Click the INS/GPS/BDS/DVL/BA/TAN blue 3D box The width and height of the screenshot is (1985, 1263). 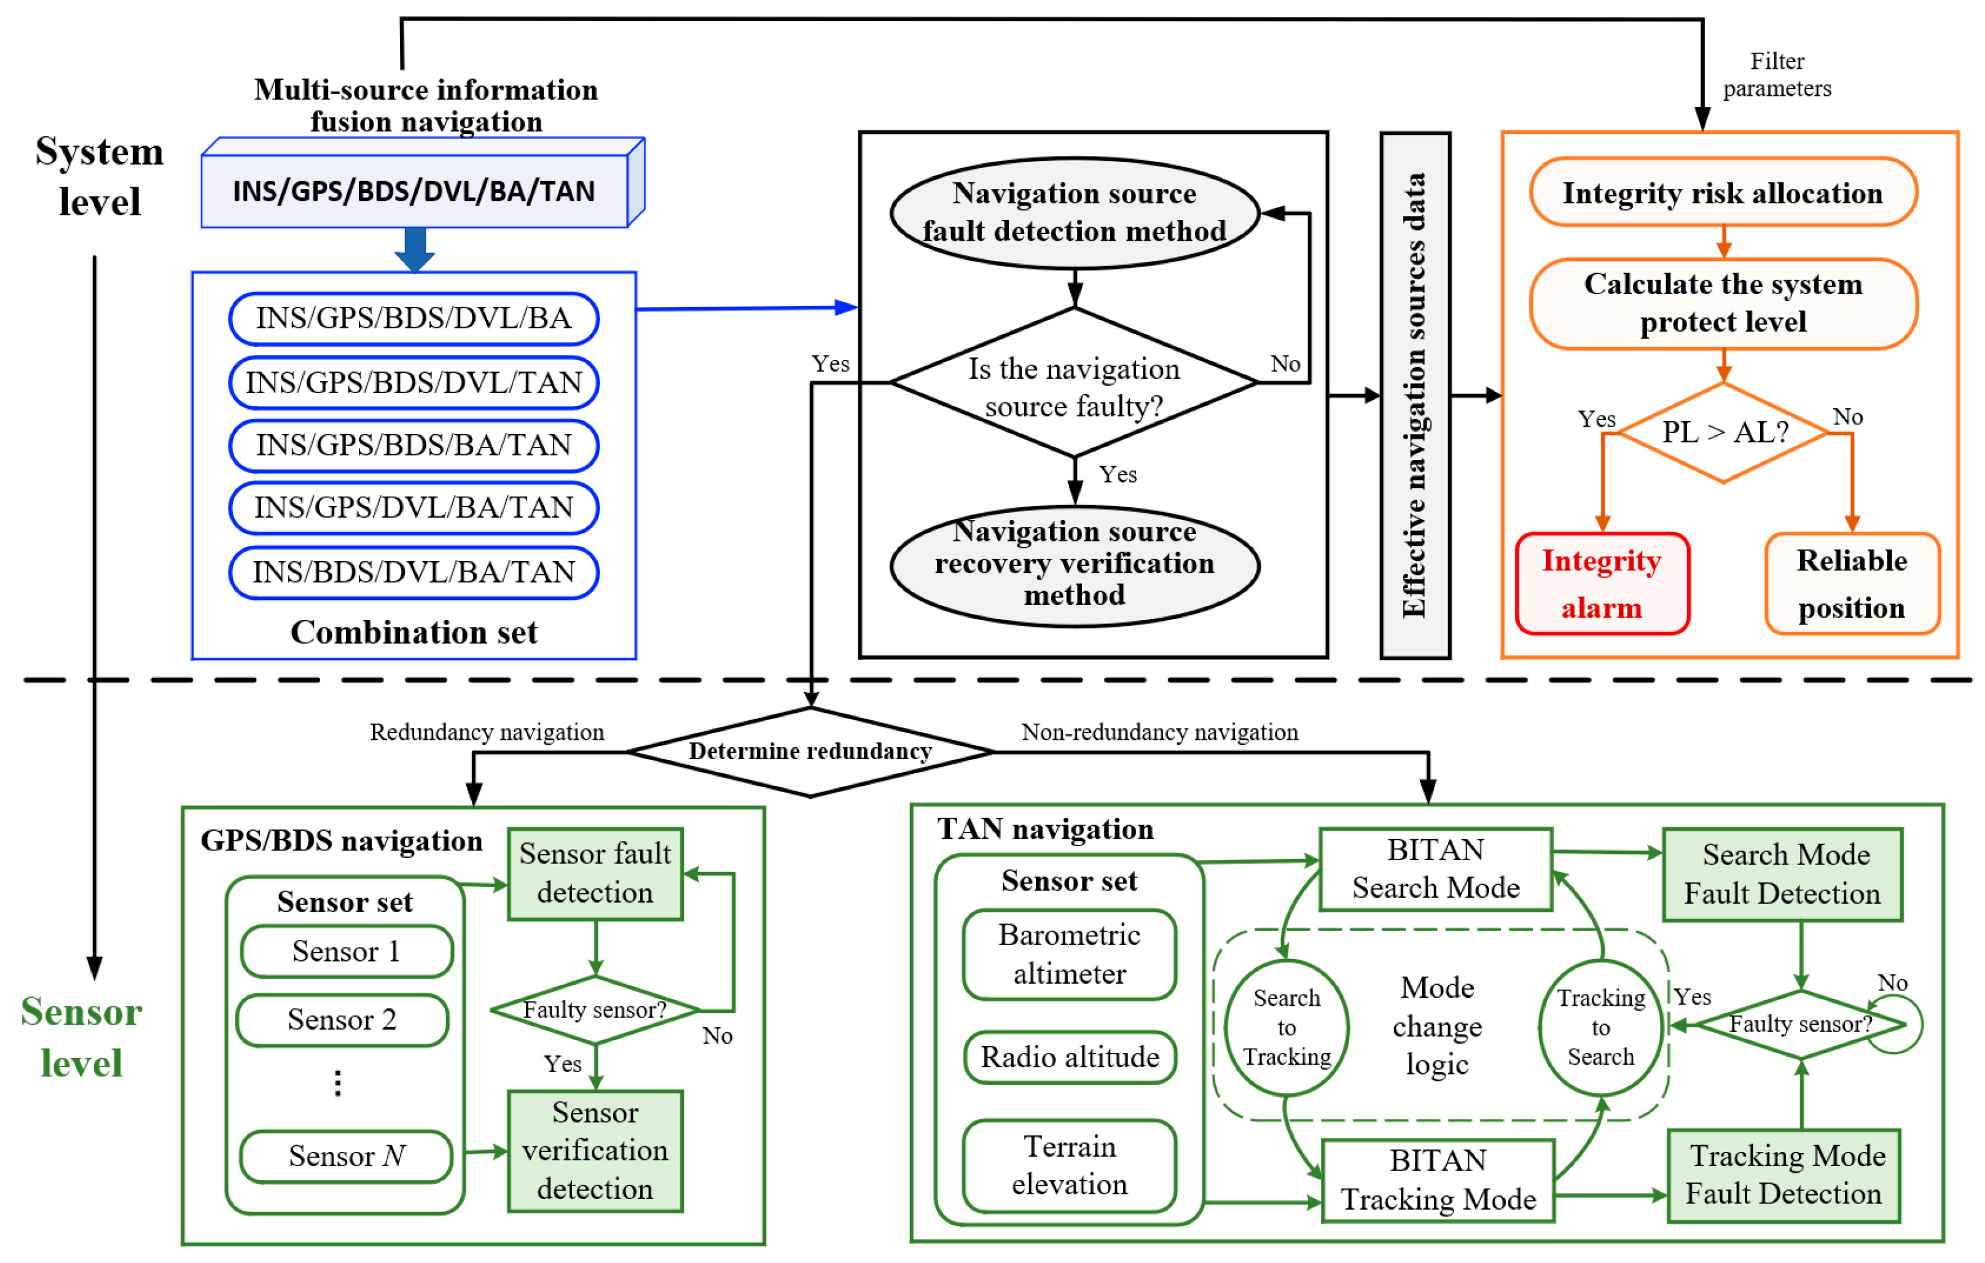[x=415, y=191]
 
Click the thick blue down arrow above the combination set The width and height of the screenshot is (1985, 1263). [x=415, y=249]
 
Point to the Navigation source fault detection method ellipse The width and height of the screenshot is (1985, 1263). [x=1074, y=212]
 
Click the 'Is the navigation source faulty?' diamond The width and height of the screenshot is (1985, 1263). [x=1074, y=384]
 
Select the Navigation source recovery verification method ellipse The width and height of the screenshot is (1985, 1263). [x=1074, y=565]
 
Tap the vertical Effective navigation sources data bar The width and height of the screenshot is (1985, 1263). [x=1414, y=395]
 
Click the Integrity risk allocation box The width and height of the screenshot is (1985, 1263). [x=1723, y=193]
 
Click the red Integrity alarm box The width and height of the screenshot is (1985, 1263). [x=1602, y=584]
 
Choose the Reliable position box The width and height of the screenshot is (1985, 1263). [x=1852, y=584]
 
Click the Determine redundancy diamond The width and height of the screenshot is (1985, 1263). [x=810, y=752]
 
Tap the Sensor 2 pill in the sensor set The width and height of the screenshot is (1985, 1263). [x=342, y=1020]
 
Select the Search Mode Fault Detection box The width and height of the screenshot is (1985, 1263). [x=1782, y=874]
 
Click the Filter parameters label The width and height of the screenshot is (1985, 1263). [x=1777, y=75]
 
